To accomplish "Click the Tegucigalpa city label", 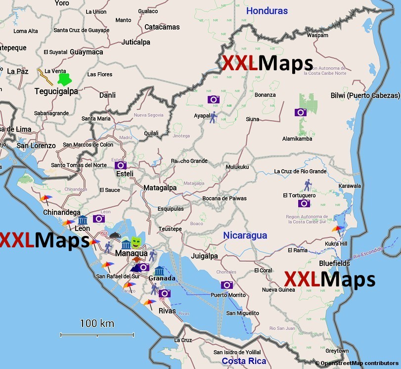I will (56, 92).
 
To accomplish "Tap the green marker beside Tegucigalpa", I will (63, 79).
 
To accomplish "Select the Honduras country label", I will (267, 10).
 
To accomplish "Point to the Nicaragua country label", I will (245, 235).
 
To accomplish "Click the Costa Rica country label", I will (244, 361).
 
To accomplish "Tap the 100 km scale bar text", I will (97, 323).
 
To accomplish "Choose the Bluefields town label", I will (334, 264).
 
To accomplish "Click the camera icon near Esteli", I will (121, 165).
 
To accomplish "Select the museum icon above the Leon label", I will (83, 220).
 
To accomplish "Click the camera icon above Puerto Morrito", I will (227, 285).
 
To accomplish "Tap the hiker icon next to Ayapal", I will (213, 117).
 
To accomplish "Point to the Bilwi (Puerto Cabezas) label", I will (365, 95).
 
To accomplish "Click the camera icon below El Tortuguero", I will (304, 203).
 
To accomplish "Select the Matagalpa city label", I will (160, 188).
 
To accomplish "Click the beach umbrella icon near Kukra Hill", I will (338, 230).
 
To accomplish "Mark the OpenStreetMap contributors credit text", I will (358, 364).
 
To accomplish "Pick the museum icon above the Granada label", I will (159, 271).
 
